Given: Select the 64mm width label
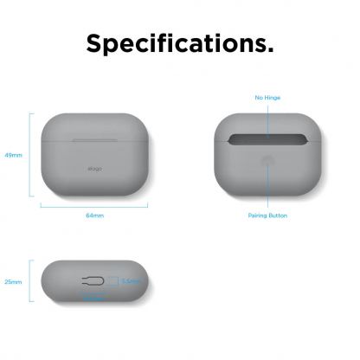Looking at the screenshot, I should (x=93, y=214).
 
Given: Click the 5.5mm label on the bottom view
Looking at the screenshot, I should (x=131, y=281).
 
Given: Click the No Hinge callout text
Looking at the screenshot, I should (x=267, y=99).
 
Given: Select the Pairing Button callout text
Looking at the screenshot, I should (x=267, y=215).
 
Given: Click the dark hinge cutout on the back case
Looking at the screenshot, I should (x=267, y=138).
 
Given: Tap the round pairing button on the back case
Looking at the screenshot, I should (x=267, y=161).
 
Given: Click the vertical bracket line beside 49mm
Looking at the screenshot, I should (x=31, y=155).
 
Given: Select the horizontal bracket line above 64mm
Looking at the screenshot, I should (x=93, y=204).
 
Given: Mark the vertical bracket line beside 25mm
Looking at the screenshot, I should (x=31, y=282).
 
